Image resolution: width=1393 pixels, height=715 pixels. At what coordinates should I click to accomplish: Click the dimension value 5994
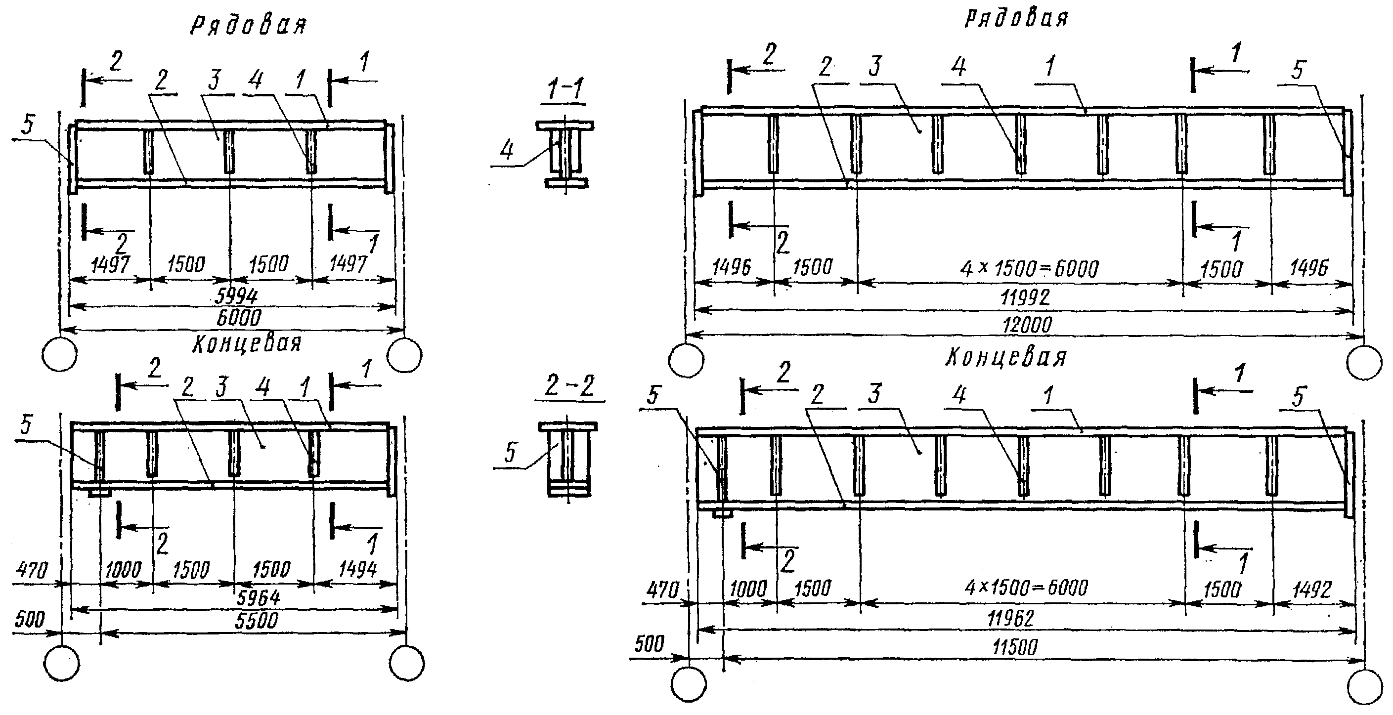click(x=236, y=295)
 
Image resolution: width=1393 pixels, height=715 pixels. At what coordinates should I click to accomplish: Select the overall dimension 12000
click(x=1027, y=325)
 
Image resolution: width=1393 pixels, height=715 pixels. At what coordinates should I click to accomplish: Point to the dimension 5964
click(x=259, y=597)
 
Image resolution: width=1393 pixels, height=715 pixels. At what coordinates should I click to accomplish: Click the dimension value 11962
click(x=1010, y=618)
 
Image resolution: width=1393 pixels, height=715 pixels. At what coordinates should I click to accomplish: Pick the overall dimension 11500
click(x=1014, y=647)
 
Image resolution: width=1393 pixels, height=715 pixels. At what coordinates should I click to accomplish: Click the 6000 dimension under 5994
click(x=238, y=317)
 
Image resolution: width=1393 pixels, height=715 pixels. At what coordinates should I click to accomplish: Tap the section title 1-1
click(x=565, y=89)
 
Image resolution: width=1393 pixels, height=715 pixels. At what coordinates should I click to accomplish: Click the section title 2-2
click(x=569, y=386)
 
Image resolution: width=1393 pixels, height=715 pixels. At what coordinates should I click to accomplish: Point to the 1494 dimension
click(x=357, y=570)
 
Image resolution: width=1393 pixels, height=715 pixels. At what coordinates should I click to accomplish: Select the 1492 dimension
click(x=1311, y=589)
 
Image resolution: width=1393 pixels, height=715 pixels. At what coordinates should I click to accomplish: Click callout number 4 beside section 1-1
click(x=507, y=150)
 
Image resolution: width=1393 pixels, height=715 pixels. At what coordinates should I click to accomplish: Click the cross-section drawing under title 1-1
click(x=565, y=154)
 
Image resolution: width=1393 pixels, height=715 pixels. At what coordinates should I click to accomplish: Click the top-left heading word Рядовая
click(x=248, y=25)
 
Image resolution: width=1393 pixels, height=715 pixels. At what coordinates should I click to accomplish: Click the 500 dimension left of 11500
click(x=649, y=644)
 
